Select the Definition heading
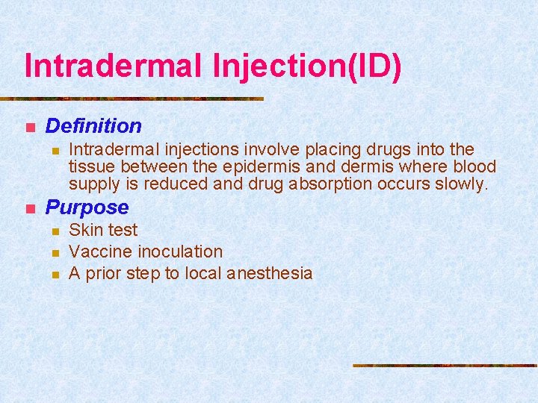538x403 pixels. (x=93, y=126)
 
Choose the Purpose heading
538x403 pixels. (x=87, y=207)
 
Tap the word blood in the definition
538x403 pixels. (x=474, y=166)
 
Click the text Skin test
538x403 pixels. (x=103, y=230)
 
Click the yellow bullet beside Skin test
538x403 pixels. (x=55, y=231)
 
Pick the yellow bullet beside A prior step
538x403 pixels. (x=55, y=274)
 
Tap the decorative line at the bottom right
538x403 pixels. (x=445, y=365)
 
